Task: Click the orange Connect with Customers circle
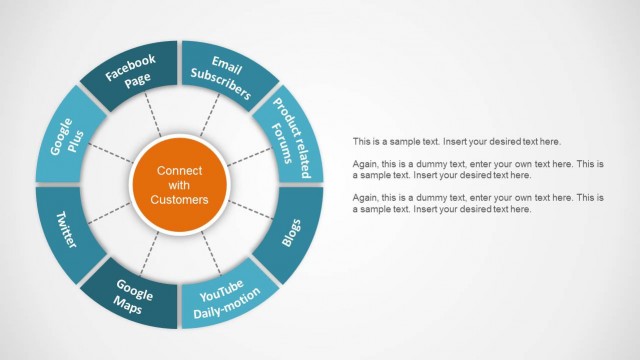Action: pyautogui.click(x=180, y=184)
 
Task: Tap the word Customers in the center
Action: pyautogui.click(x=180, y=200)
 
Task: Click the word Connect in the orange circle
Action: pyautogui.click(x=180, y=170)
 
